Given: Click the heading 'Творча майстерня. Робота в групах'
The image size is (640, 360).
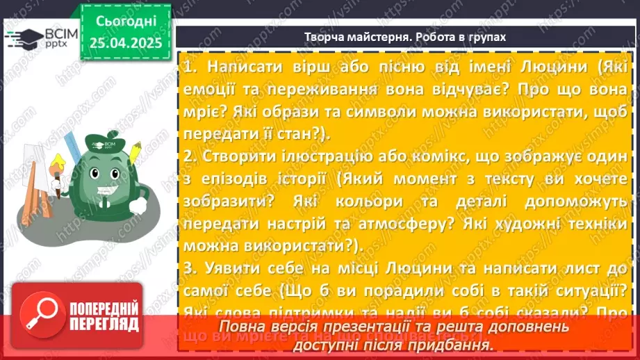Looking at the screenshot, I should (x=405, y=37).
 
